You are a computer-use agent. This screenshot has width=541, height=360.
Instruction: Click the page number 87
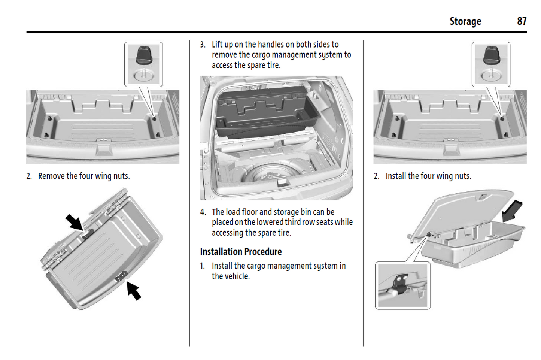(x=522, y=21)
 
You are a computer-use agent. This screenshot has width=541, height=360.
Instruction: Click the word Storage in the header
(x=465, y=22)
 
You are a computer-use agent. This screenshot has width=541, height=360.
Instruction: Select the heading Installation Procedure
(x=241, y=252)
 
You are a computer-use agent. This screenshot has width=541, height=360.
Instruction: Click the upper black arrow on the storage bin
(x=75, y=222)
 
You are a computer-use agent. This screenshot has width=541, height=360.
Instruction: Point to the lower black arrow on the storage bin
(x=133, y=291)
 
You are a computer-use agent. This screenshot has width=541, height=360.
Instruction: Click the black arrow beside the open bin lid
(x=512, y=211)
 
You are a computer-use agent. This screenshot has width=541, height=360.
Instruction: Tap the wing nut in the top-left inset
(x=143, y=56)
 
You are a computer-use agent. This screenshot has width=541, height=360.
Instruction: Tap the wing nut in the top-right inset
(x=491, y=56)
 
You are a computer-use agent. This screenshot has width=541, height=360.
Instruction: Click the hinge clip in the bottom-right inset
(x=399, y=284)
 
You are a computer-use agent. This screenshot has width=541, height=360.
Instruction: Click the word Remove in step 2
(x=51, y=176)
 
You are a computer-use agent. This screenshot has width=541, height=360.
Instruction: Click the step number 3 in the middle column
(x=203, y=45)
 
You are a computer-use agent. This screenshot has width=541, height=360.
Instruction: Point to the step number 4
(x=203, y=212)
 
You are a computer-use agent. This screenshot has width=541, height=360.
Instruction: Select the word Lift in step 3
(x=217, y=45)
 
